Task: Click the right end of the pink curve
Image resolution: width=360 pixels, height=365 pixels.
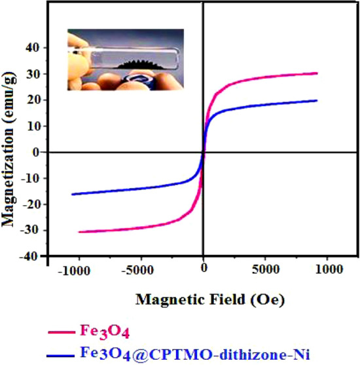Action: click(x=317, y=73)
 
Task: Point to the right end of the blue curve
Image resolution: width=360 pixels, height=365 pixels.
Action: click(x=317, y=100)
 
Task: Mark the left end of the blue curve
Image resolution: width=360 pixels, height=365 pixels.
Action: click(x=72, y=194)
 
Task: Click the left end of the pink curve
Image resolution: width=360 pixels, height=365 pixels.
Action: click(x=79, y=232)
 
